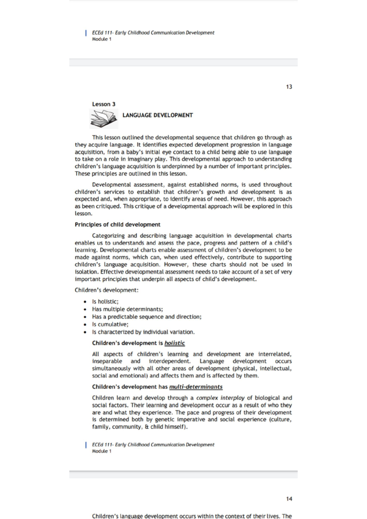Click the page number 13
[x=289, y=87]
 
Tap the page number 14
[x=289, y=499]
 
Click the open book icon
[x=104, y=119]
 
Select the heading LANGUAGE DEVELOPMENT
[x=158, y=115]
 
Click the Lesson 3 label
[x=104, y=104]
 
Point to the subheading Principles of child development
[x=117, y=225]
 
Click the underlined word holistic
[x=175, y=343]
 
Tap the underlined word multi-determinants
[x=196, y=387]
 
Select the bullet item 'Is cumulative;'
[x=110, y=324]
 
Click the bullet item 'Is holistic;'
[x=105, y=301]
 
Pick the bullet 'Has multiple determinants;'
[x=127, y=309]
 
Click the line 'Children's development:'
[x=106, y=290]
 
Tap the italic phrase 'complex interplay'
[x=220, y=398]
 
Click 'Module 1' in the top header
[x=102, y=39]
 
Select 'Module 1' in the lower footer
[x=102, y=451]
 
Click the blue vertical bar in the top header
[x=86, y=33]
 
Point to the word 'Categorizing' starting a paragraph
[x=108, y=236]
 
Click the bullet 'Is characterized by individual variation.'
[x=143, y=332]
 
